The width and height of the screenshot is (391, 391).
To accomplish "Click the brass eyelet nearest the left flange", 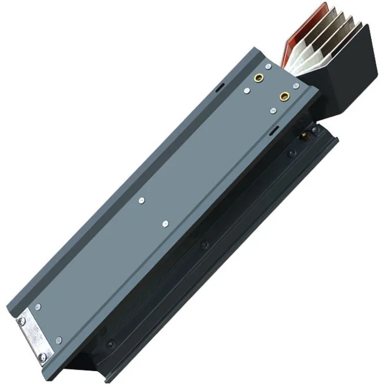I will click(258, 79).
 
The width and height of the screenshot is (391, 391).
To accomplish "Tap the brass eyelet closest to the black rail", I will click(284, 96).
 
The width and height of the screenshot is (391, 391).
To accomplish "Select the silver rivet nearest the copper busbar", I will click(268, 67).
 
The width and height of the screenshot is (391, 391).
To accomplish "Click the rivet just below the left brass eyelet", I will click(247, 91).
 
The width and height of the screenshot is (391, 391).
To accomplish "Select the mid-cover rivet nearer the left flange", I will click(141, 200).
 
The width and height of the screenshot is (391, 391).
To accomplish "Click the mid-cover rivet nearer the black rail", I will click(165, 224).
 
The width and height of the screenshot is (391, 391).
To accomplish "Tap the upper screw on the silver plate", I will click(21, 322).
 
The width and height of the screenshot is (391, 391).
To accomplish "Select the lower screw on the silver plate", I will click(42, 357).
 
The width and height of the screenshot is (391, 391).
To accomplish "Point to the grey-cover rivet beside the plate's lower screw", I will click(58, 340).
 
